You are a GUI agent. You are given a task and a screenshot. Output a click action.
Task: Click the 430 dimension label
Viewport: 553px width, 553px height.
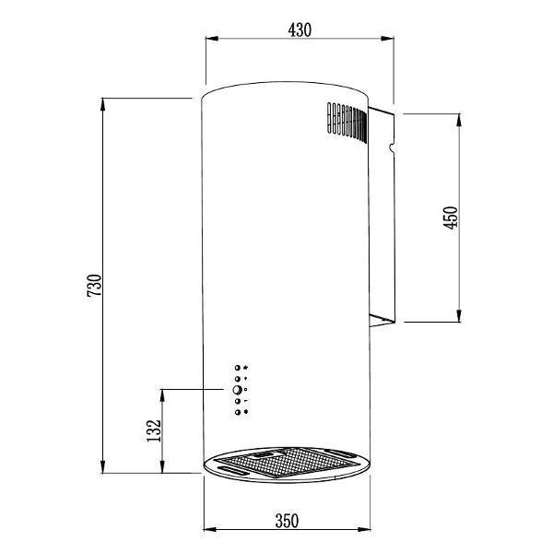pos(300,30)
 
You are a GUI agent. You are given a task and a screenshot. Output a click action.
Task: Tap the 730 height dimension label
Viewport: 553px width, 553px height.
pos(94,285)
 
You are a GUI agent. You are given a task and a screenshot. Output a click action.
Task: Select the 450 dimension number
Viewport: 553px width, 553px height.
pos(451,218)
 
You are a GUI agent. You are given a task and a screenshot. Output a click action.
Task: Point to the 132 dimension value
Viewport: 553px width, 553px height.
pos(153,430)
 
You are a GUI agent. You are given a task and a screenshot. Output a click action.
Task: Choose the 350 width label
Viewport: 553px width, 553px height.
pos(287,522)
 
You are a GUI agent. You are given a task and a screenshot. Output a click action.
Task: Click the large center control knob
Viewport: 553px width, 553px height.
pos(237,390)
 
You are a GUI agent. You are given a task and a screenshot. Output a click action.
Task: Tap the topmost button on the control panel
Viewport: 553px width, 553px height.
pos(237,368)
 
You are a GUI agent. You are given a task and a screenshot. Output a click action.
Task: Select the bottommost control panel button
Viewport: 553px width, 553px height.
pos(237,412)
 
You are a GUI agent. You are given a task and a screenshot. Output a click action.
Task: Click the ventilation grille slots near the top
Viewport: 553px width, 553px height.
pos(347,122)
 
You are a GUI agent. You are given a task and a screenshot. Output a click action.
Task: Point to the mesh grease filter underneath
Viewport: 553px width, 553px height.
pos(287,462)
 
